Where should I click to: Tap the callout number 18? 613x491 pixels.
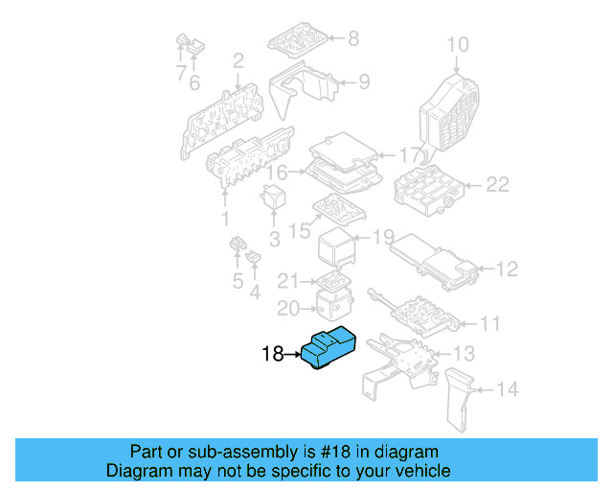click(x=273, y=355)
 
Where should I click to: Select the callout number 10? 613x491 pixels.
click(x=458, y=44)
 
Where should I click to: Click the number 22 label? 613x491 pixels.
click(x=496, y=185)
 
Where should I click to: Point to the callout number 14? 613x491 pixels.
click(x=507, y=389)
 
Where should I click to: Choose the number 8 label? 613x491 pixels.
click(x=352, y=39)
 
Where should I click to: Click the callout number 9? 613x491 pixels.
click(x=363, y=82)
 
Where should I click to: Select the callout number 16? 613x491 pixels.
click(x=277, y=173)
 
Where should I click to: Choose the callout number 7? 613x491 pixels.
click(x=179, y=73)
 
